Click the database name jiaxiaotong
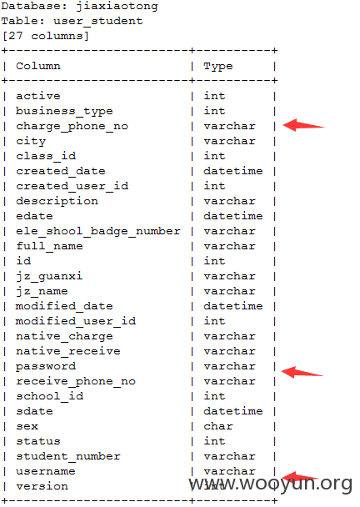point(117,7)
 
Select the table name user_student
point(98,21)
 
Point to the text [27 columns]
point(45,36)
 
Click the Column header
point(38,66)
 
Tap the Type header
point(218,67)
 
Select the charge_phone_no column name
point(72,127)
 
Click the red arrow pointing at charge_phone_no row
point(304,125)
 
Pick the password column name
point(46,367)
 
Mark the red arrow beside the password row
point(302,372)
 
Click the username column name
point(46,471)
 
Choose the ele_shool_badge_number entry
point(98,232)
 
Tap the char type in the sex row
point(218,426)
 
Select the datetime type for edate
point(233,216)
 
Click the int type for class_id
point(214,156)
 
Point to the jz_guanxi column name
point(49,277)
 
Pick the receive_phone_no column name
point(76,382)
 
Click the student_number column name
point(68,456)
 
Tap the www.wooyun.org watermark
point(271,484)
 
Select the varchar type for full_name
point(229,246)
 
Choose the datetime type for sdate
point(233,411)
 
